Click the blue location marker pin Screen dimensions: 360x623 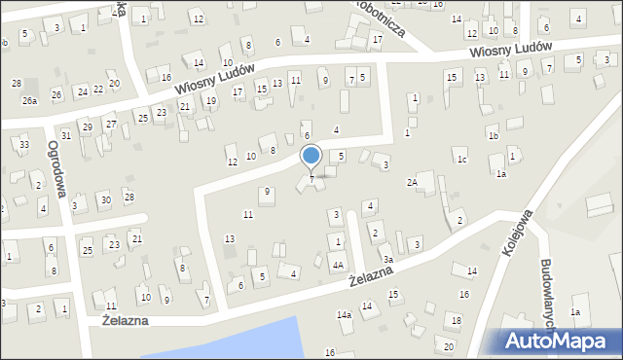click(311, 157)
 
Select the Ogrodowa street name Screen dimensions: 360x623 click(55, 167)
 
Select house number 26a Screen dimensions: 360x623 click(30, 101)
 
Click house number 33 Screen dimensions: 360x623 click(23, 145)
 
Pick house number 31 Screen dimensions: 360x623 click(65, 135)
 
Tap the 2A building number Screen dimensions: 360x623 click(413, 182)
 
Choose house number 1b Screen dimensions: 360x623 click(494, 136)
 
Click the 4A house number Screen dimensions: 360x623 click(338, 265)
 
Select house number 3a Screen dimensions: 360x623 click(387, 260)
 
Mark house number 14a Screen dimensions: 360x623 click(344, 315)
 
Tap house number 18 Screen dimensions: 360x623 click(456, 320)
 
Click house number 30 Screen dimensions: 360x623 click(105, 199)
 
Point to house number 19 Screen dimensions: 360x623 click(211, 101)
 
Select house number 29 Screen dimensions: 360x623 click(87, 127)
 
